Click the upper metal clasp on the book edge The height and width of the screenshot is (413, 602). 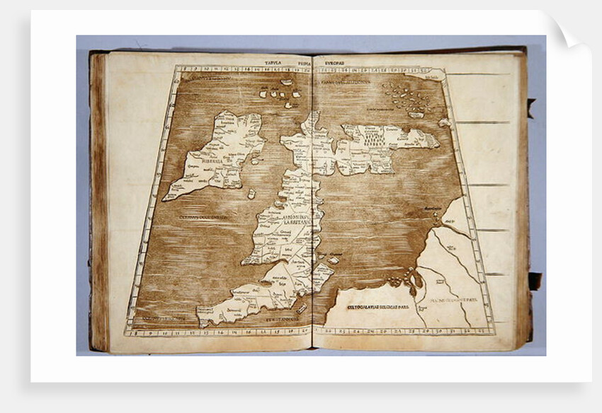tap(530, 107)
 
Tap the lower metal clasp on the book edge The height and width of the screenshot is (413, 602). tap(533, 281)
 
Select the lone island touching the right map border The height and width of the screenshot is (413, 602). tap(444, 122)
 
